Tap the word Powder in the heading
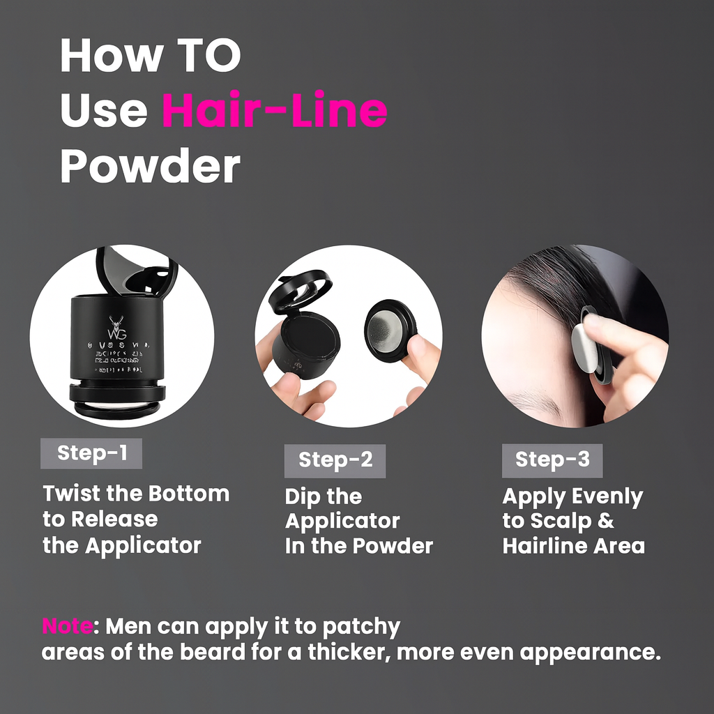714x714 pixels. tap(150, 167)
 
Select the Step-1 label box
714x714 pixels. tap(91, 453)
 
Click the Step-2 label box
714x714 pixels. tap(335, 460)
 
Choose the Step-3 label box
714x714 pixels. tap(552, 460)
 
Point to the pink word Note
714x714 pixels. tap(67, 626)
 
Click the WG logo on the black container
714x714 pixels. tap(116, 326)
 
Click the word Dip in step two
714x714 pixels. tap(302, 496)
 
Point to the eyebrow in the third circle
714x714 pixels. tap(533, 400)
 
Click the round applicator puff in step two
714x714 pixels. tap(389, 329)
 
